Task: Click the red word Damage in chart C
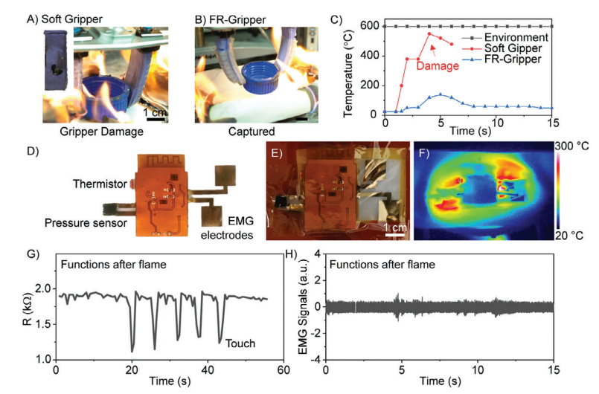438,65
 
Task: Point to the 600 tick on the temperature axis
371,27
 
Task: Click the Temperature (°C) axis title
347,68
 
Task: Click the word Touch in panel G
239,343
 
